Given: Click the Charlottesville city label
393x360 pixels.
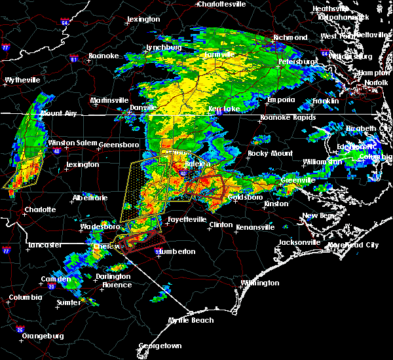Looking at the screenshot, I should click(223, 4).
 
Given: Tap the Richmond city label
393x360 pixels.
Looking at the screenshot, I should click(290, 38).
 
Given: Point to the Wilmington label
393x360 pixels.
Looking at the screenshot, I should click(258, 283).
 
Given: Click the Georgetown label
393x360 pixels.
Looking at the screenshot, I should click(160, 346).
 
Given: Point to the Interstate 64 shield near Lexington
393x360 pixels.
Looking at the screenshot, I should click(65, 23).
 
